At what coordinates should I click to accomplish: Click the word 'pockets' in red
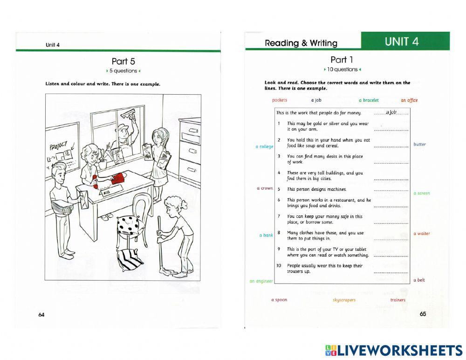point(279,100)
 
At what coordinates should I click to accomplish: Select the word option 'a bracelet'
point(369,100)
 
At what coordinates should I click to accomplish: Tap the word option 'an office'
point(409,100)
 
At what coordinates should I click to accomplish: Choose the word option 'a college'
point(264,147)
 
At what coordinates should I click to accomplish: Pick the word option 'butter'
point(420,144)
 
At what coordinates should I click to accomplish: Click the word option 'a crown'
point(265,188)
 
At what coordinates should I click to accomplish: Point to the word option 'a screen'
point(422,194)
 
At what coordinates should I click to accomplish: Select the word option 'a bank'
point(266,235)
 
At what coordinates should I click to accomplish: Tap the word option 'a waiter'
point(422,234)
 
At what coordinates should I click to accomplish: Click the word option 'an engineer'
point(261,281)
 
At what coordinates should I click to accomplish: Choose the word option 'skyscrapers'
point(344,300)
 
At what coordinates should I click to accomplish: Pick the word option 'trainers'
point(398,300)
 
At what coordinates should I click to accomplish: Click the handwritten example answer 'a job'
point(391,112)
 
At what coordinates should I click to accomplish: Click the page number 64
point(41,315)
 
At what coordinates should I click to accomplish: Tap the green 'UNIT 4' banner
point(405,41)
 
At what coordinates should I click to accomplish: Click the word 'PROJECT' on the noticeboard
point(59,146)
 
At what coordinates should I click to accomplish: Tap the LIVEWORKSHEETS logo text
point(394,350)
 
